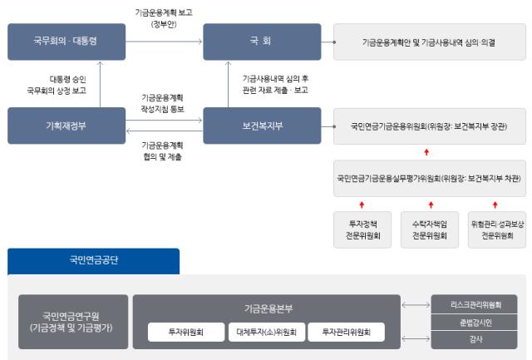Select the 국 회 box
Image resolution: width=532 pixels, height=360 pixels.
coord(262,42)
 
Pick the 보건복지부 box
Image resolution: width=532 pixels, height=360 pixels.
coord(262,126)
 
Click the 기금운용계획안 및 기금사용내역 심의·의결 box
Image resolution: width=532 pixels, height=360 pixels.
coord(429,42)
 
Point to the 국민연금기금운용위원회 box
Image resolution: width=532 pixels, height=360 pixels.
coord(429,126)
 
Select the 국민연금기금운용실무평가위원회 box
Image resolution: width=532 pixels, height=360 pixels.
coord(429,178)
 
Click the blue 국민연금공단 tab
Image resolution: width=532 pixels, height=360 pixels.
coord(93,260)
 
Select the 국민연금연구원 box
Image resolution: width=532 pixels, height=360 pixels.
coord(73,322)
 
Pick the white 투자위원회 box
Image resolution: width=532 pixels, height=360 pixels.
coord(186,332)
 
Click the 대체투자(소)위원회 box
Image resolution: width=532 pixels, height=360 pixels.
coord(267,332)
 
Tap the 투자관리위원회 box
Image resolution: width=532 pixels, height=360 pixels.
coord(347,332)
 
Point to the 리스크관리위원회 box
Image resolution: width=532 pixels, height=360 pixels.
coord(474,304)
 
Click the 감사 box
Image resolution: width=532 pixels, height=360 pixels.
coord(474,339)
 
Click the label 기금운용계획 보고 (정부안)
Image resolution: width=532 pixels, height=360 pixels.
coord(162,17)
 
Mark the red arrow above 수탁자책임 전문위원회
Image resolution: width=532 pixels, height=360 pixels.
coord(429,204)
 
